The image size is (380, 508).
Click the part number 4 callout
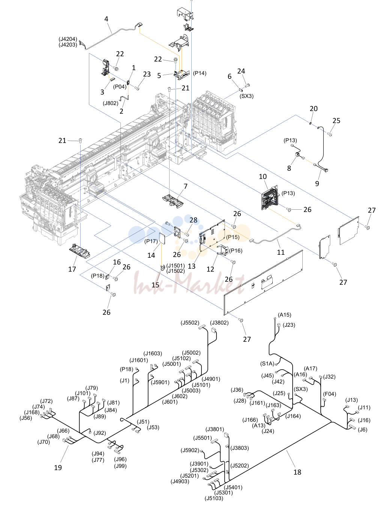coord(106,19)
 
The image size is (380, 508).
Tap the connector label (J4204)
coord(68,39)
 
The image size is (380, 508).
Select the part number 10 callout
coord(263,177)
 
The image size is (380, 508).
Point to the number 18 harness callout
coord(297,472)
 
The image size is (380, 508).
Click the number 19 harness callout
coord(58,467)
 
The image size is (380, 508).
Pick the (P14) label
coord(200,74)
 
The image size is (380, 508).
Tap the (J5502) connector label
coord(190,323)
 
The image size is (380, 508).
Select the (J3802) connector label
coord(219,323)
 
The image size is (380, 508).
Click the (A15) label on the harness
coord(284,315)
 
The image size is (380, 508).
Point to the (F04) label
coord(330,394)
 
